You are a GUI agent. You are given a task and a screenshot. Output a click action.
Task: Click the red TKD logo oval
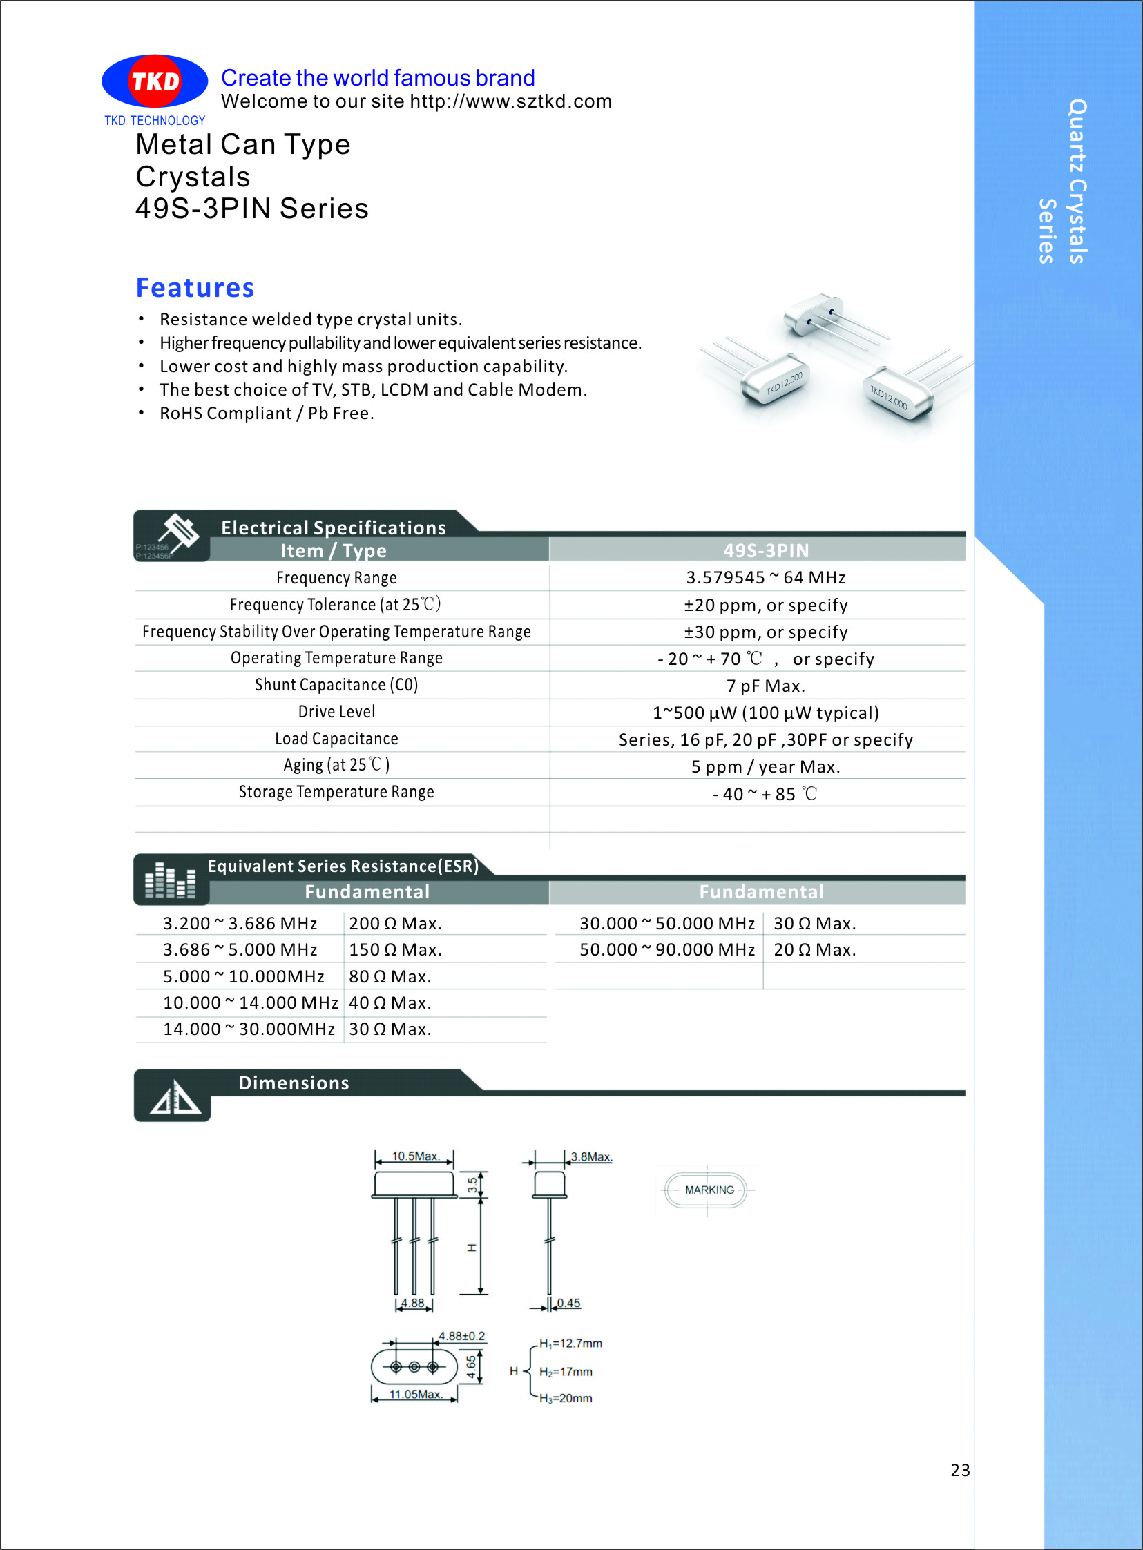click(x=155, y=81)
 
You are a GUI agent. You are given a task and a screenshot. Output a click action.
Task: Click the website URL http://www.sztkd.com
click(x=510, y=101)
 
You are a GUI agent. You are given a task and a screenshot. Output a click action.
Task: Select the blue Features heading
click(x=195, y=288)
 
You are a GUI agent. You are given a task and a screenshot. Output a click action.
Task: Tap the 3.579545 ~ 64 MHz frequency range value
click(x=765, y=577)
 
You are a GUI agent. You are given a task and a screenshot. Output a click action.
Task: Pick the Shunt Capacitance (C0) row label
click(x=336, y=685)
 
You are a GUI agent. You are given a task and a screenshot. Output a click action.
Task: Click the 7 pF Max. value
click(x=765, y=686)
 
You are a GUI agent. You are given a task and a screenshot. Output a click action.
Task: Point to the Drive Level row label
click(x=336, y=712)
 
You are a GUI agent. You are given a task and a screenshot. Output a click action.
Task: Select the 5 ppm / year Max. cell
click(x=765, y=767)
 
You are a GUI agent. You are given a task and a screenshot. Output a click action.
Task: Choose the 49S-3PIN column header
click(x=765, y=550)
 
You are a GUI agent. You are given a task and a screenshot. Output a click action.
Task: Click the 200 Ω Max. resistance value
click(x=395, y=923)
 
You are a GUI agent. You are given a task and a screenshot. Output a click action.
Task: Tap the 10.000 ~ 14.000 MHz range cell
click(x=250, y=1003)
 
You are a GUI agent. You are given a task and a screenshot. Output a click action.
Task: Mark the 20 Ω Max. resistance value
click(x=814, y=949)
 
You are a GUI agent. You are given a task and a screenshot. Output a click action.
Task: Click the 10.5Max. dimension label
click(x=415, y=1156)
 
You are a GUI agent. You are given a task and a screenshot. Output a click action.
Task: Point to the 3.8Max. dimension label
click(x=591, y=1156)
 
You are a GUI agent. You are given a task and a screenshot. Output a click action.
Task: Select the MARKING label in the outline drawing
click(x=709, y=1190)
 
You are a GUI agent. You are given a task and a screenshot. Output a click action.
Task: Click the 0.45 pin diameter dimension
click(x=568, y=1303)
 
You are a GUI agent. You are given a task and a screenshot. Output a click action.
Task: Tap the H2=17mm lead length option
click(x=565, y=1372)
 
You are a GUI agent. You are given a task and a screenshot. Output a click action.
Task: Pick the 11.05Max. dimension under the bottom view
click(x=415, y=1395)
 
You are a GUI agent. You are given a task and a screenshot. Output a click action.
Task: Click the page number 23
click(x=960, y=1470)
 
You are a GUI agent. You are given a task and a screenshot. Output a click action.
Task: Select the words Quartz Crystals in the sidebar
click(x=1077, y=181)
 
